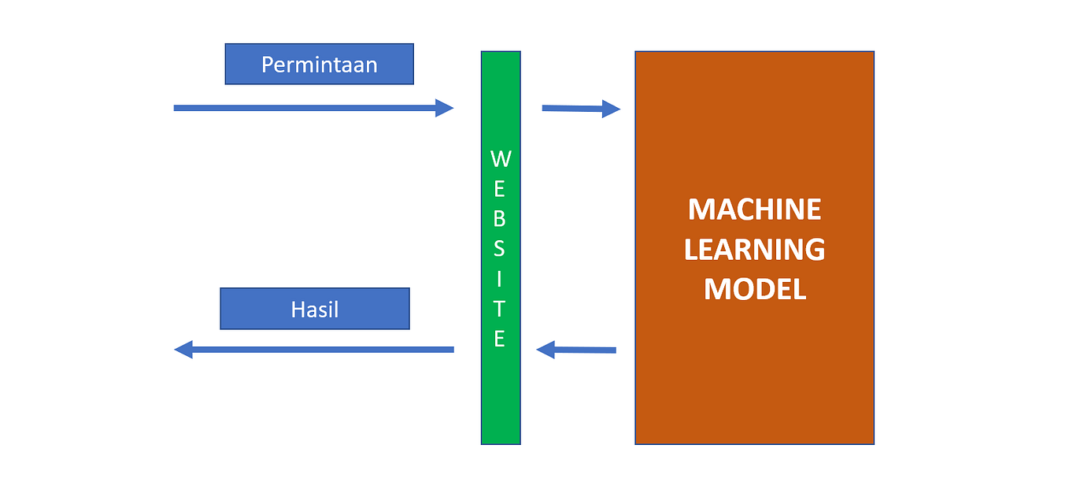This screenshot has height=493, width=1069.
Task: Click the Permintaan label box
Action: click(319, 64)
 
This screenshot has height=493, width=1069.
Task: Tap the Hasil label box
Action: click(315, 309)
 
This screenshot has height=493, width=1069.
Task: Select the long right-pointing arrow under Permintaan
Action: click(307, 108)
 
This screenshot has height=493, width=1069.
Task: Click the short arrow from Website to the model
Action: click(575, 109)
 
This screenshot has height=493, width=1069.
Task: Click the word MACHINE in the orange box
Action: click(754, 209)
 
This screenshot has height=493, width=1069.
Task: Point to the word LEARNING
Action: click(754, 250)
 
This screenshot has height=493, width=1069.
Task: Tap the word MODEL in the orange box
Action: click(754, 289)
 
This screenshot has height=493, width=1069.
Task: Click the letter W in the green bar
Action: click(501, 159)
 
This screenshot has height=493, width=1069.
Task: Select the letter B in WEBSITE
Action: click(500, 218)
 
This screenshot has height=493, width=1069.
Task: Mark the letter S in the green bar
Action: click(500, 248)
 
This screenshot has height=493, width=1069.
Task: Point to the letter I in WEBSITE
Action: click(500, 278)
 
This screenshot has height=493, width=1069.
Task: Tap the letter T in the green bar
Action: click(500, 308)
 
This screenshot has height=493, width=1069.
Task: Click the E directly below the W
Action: click(500, 189)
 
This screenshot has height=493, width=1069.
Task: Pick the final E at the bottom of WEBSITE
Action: click(500, 339)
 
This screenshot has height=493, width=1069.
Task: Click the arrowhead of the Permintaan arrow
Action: click(446, 108)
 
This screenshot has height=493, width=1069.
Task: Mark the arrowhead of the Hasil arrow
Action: click(183, 349)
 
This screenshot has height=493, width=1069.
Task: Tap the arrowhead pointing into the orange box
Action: click(612, 109)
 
